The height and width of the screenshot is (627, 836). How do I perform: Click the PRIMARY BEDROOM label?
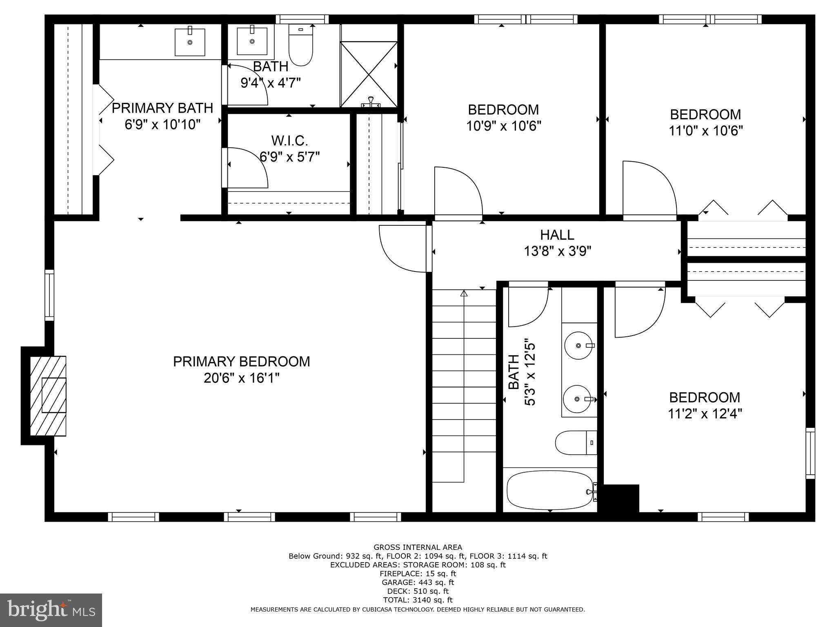241,362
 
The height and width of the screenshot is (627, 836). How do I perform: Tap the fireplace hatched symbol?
48,396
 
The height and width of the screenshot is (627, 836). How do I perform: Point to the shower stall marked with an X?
369,74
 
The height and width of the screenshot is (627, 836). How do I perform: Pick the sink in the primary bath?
190,42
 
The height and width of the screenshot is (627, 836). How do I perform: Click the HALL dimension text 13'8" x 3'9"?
558,251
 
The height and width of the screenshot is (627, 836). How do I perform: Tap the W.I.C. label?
289,141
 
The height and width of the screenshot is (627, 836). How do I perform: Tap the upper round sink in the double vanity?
578,346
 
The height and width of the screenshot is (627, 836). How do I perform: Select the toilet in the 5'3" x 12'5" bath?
576,443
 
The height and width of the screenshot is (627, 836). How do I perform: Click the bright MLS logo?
51,610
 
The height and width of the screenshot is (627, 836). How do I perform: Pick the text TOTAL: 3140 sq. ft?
418,600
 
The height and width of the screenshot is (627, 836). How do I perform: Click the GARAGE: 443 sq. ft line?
418,583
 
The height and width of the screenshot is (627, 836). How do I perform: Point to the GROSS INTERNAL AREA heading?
418,547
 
